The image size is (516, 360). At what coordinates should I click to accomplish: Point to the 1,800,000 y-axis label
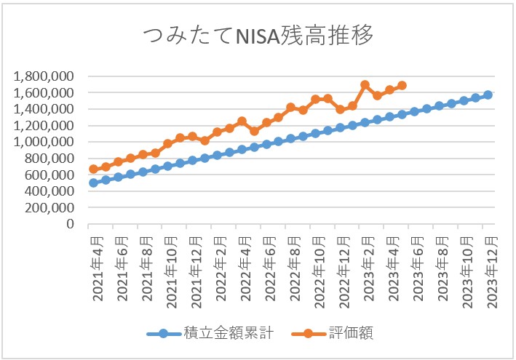coord(44,76)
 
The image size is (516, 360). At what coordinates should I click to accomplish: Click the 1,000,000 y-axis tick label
coord(44,142)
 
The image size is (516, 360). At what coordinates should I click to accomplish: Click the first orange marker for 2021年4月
coord(93,169)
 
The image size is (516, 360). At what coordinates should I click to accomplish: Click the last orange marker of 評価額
coord(402,85)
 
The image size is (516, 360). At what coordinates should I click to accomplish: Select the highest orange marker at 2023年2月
coord(365,85)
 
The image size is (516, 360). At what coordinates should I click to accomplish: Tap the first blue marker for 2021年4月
coord(93,183)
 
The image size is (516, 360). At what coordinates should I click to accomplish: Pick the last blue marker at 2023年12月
coord(488,95)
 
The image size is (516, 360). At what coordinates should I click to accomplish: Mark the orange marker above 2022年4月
coord(242,121)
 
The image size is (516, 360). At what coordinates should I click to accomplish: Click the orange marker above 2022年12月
coord(340,109)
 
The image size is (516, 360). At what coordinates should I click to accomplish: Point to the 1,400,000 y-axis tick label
coord(44,109)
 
